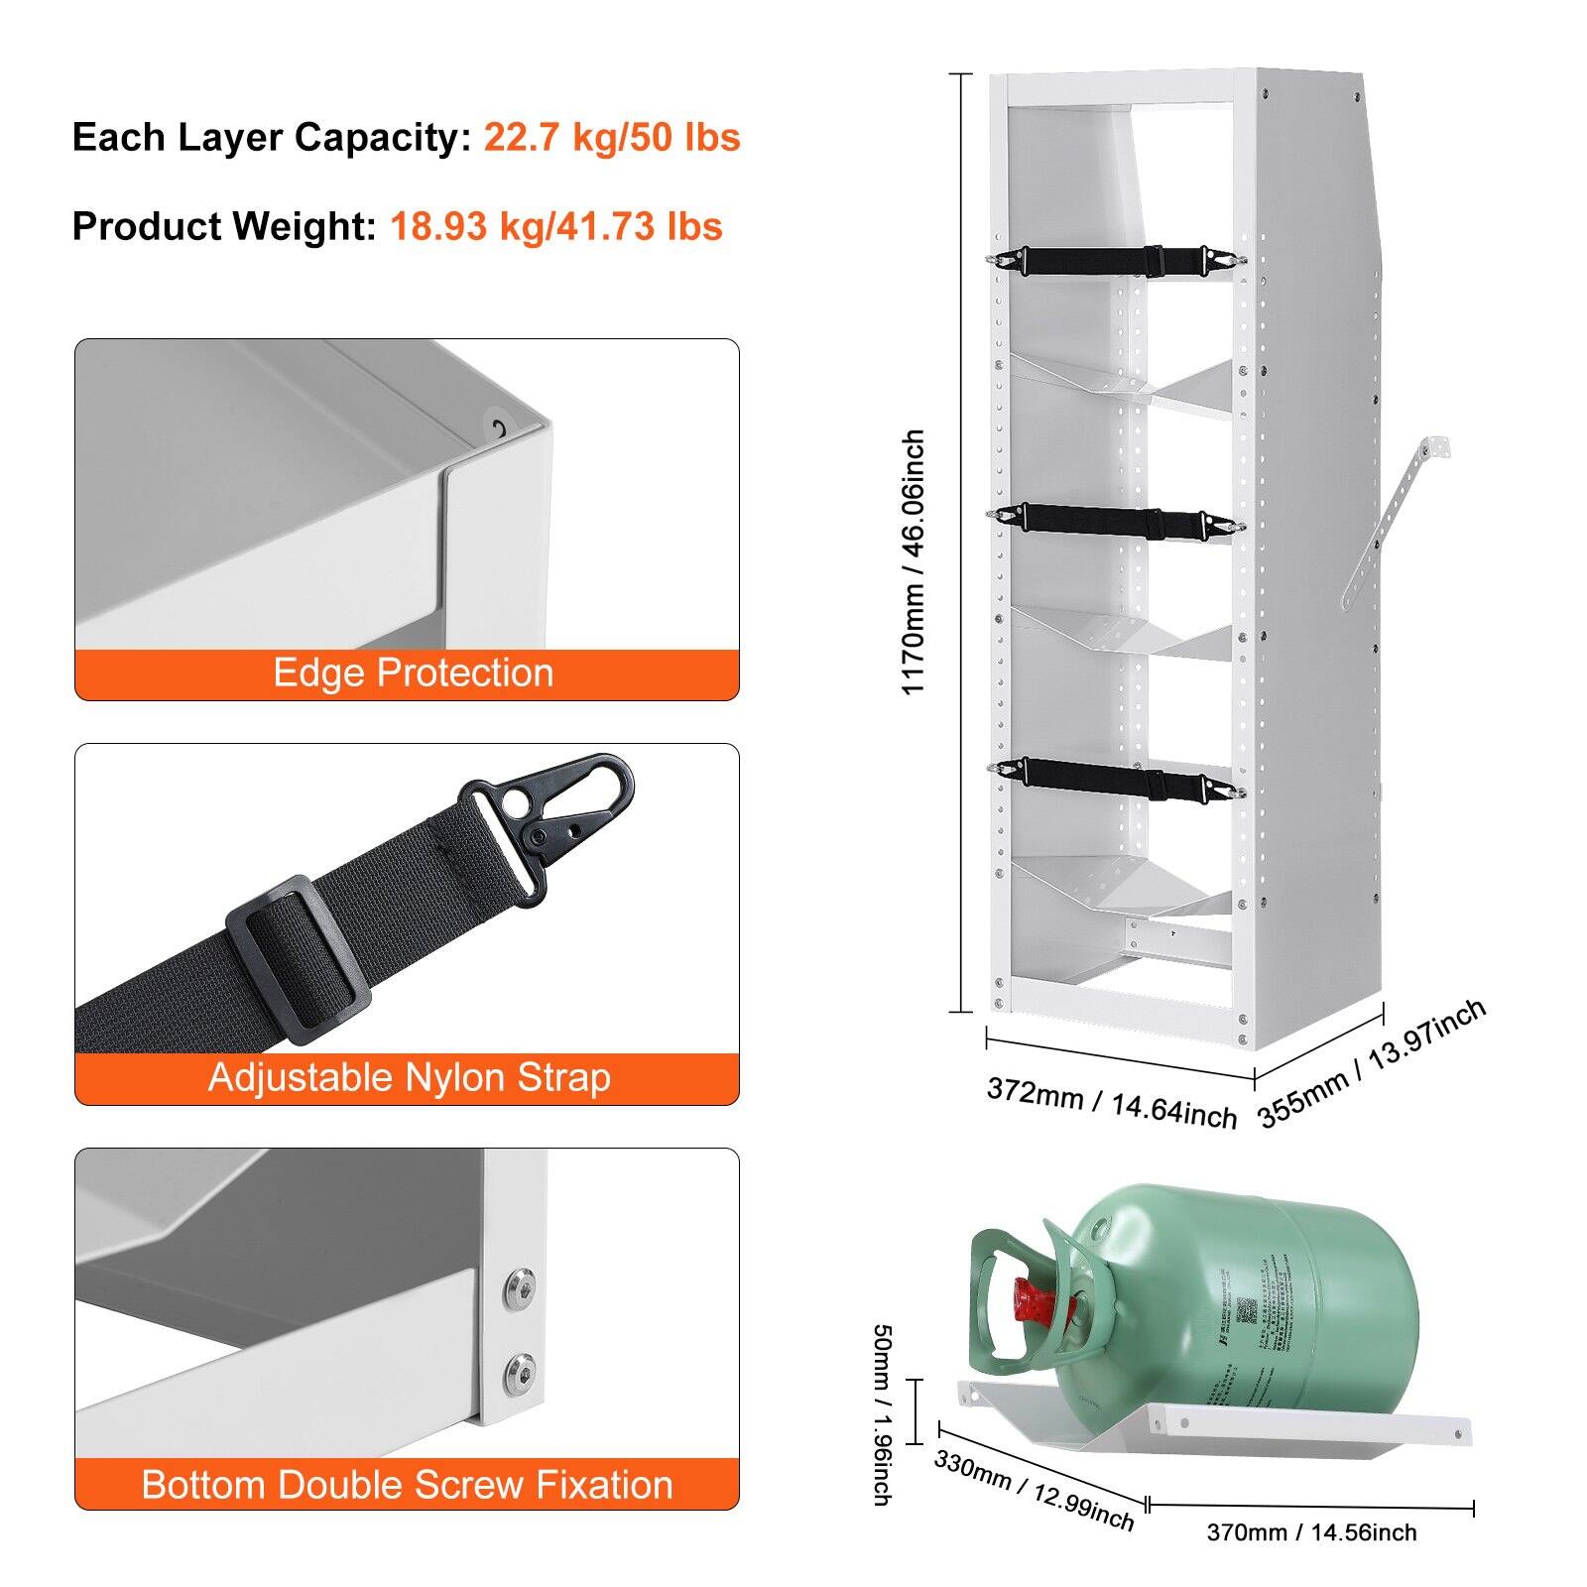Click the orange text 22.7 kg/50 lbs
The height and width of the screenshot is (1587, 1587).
click(611, 137)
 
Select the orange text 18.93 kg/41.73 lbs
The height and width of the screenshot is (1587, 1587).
click(555, 226)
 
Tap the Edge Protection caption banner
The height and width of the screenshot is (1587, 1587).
click(412, 673)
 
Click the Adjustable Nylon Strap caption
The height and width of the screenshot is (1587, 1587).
click(409, 1078)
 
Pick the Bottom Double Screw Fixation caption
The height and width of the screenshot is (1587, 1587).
click(407, 1485)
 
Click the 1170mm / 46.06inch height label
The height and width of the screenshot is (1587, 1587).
click(914, 562)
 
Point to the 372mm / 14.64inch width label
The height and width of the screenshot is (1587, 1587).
click(1111, 1103)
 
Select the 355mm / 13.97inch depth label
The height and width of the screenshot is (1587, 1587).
click(1372, 1062)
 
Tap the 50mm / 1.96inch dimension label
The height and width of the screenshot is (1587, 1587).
click(880, 1414)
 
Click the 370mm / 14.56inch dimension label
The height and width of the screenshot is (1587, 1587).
click(1311, 1532)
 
